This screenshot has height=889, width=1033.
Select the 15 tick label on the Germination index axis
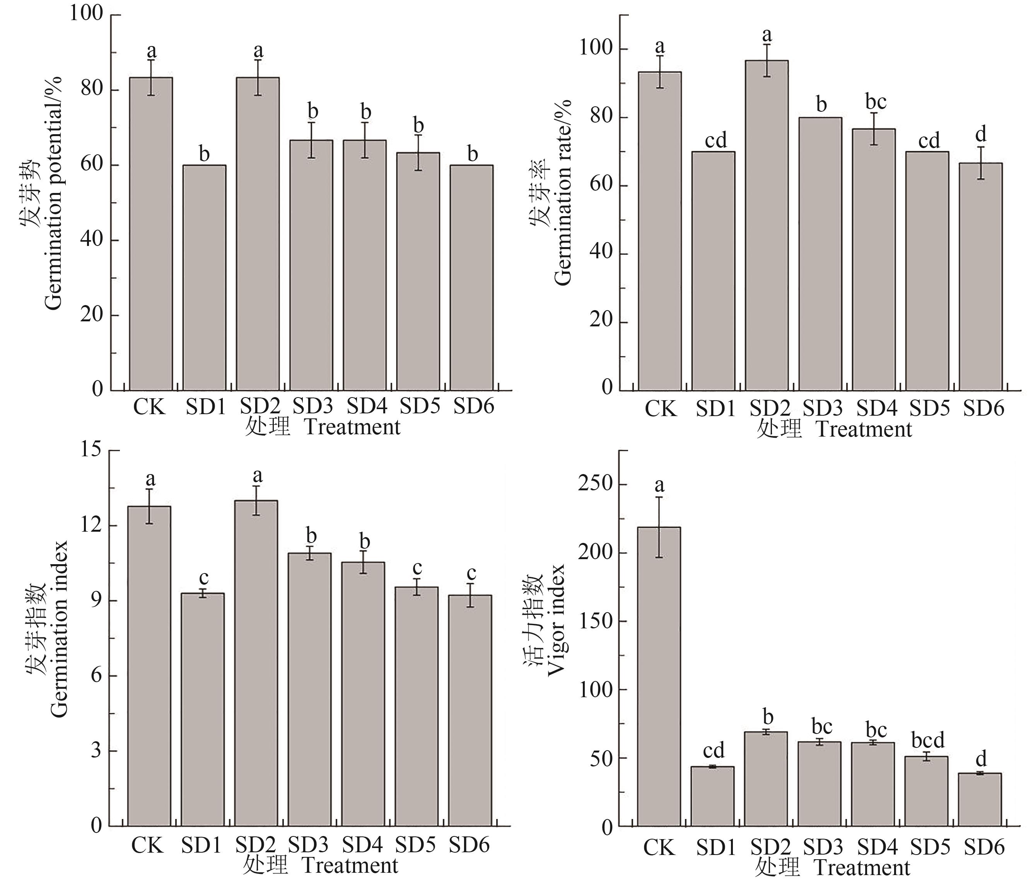point(91,450)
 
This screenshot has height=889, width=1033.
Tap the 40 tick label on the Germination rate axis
point(601,253)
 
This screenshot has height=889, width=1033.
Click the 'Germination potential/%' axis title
point(53,193)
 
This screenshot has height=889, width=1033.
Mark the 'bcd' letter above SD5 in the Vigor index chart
point(928,741)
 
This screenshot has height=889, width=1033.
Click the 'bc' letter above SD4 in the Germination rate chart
point(876,102)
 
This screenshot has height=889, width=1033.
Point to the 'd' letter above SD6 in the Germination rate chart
point(981,134)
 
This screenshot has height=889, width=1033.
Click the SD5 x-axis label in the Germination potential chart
point(419,406)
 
